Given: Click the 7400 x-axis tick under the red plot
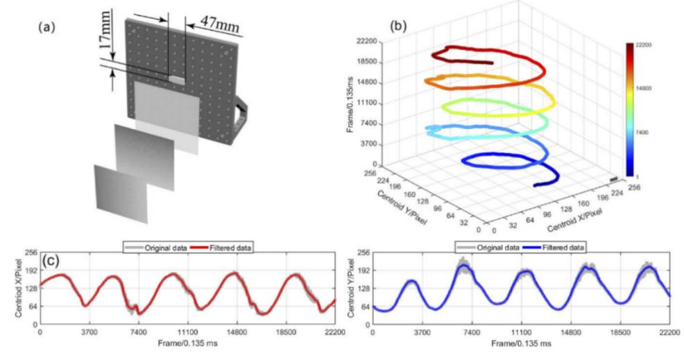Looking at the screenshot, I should point(138,332).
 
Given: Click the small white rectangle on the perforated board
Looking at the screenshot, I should point(178,80).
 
